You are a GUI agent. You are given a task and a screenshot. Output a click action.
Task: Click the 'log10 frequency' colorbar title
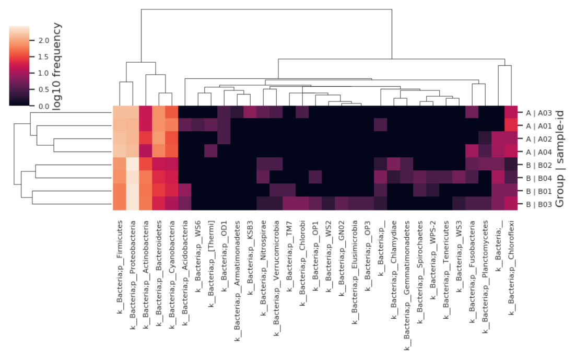click(x=58, y=66)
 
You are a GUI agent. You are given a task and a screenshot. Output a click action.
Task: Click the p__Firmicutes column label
click(x=120, y=266)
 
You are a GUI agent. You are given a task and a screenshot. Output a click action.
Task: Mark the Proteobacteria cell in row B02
click(x=133, y=165)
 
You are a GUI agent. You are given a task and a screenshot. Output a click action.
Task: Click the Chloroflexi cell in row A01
click(x=511, y=125)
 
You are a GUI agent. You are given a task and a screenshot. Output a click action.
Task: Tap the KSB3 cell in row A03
click(x=250, y=113)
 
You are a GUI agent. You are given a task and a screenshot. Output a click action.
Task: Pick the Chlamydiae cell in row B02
click(x=394, y=165)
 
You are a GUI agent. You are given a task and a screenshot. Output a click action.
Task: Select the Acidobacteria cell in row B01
click(x=185, y=190)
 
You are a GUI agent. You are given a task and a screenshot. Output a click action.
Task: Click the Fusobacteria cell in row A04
click(x=472, y=152)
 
